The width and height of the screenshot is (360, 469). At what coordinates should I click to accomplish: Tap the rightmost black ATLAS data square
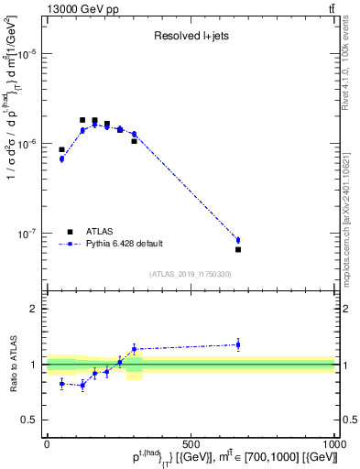point(238,249)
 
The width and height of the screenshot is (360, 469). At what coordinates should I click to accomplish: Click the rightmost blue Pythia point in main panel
point(238,240)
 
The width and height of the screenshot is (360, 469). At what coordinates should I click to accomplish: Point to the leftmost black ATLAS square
point(61,149)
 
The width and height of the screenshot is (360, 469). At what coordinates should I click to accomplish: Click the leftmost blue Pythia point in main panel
point(61,158)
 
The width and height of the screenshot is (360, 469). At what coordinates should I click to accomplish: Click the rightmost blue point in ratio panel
point(238,344)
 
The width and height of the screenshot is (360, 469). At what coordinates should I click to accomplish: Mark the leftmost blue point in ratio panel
point(61,384)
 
